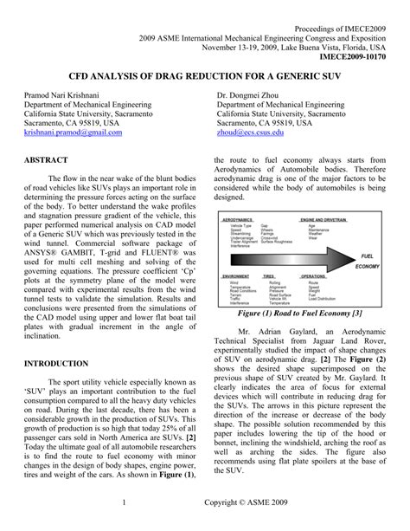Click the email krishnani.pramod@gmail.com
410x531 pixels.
tap(73, 133)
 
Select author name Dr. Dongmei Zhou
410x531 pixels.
tap(259, 91)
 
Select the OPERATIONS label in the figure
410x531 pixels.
tap(314, 276)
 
